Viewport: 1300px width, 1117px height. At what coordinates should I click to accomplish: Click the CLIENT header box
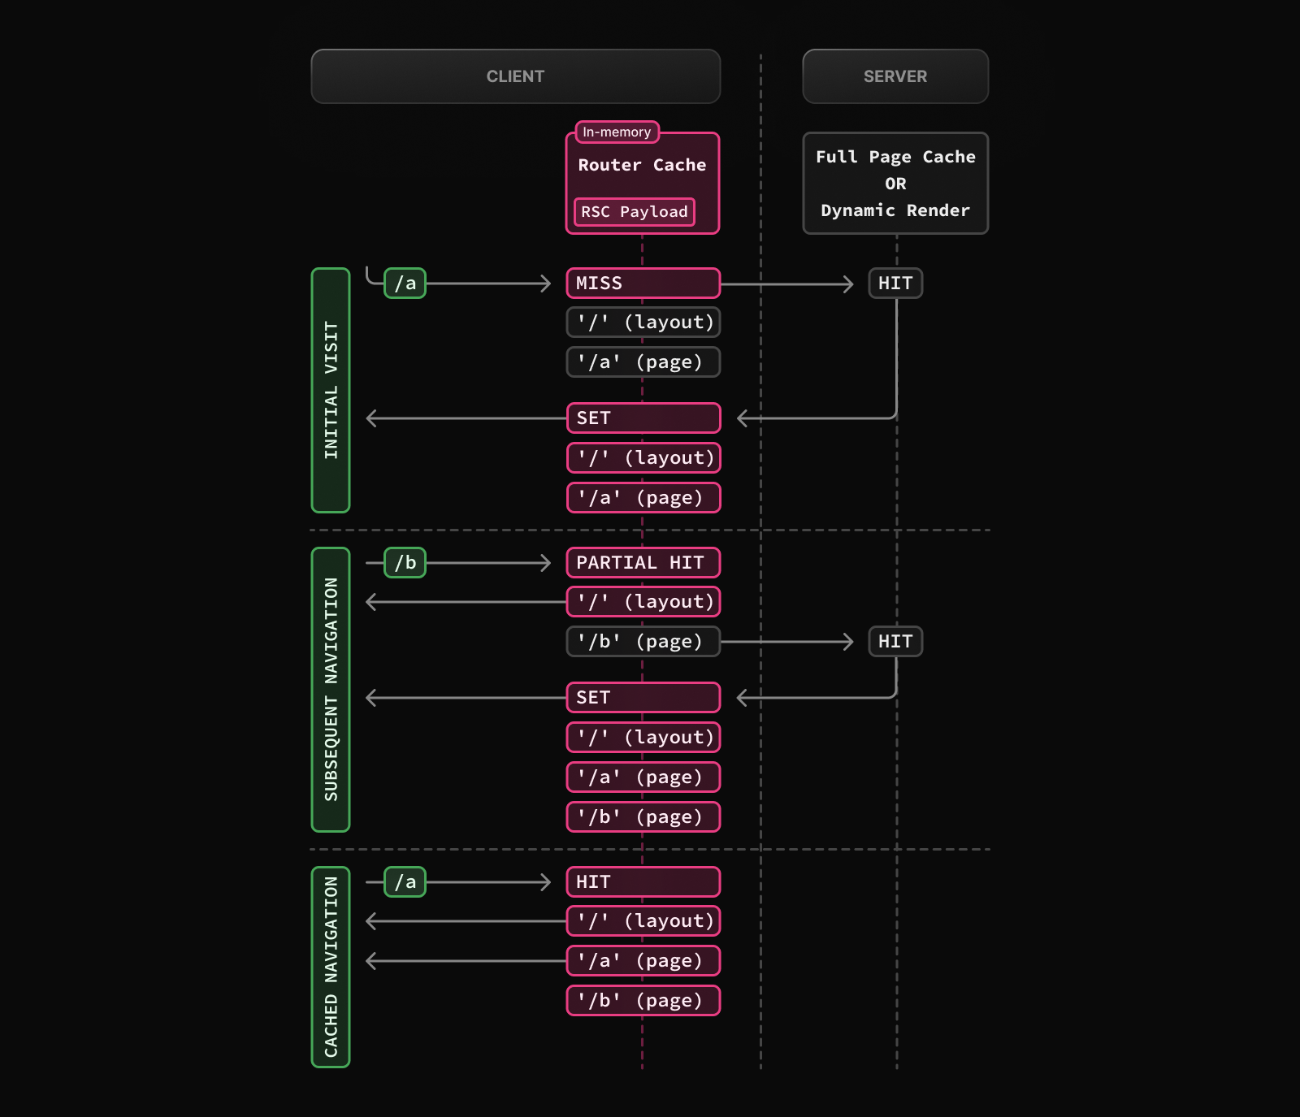[515, 76]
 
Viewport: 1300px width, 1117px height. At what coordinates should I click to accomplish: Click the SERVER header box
[895, 76]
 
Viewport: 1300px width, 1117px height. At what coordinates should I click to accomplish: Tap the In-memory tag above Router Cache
[617, 132]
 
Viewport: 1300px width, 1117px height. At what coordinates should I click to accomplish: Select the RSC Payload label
[634, 212]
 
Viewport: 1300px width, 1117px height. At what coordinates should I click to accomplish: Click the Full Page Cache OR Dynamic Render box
[895, 184]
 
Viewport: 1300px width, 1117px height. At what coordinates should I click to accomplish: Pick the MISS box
[643, 283]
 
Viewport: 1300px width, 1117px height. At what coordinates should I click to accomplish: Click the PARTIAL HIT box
[643, 562]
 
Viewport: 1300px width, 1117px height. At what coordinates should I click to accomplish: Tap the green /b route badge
[405, 562]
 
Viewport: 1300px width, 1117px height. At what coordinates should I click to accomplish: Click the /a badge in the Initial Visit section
[405, 283]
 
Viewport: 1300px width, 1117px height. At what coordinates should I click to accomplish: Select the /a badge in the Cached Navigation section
[405, 881]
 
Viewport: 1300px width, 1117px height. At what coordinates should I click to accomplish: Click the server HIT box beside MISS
[895, 283]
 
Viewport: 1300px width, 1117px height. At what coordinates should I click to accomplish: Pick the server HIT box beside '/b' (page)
[895, 641]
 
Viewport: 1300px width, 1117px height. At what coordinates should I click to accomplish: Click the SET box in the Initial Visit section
[643, 418]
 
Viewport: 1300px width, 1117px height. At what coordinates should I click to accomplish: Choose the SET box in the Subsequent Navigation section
[643, 697]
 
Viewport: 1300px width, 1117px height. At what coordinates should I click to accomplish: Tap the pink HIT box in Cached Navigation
[643, 881]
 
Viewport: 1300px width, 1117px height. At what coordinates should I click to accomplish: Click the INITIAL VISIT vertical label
[331, 390]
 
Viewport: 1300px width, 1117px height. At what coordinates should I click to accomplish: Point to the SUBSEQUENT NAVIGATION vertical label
[331, 689]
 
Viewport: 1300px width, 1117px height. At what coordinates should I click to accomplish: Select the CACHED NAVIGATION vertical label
[331, 967]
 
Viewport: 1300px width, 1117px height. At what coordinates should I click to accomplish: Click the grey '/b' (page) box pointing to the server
[643, 641]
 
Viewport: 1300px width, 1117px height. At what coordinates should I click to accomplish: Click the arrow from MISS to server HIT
[786, 284]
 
